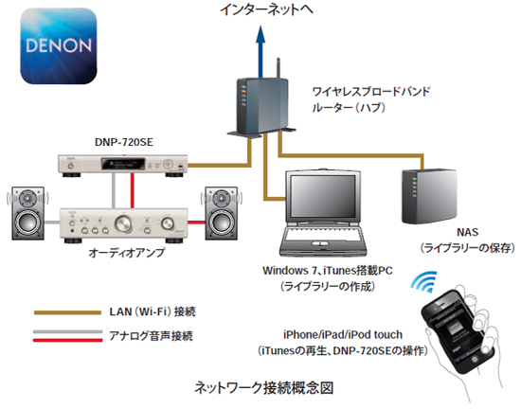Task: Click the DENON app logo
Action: (x=59, y=45)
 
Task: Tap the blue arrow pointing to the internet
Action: (x=260, y=52)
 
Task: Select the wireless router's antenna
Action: (x=278, y=68)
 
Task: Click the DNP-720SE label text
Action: (x=123, y=142)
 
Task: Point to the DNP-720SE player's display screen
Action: (x=123, y=164)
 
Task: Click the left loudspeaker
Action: (x=27, y=213)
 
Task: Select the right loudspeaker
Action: (x=221, y=213)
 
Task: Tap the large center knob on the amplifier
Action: (x=123, y=223)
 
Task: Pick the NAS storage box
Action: (x=428, y=197)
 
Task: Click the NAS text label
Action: (x=468, y=232)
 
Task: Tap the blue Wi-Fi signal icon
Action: (x=424, y=282)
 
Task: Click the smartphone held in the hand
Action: (x=458, y=331)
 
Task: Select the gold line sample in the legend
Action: (x=67, y=312)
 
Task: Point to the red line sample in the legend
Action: (x=67, y=340)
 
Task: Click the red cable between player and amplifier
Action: (x=133, y=190)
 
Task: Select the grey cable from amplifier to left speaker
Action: (x=52, y=222)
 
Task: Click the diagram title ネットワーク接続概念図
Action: (x=263, y=388)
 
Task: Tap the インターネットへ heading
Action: (x=266, y=9)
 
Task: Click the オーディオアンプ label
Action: (x=127, y=253)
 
